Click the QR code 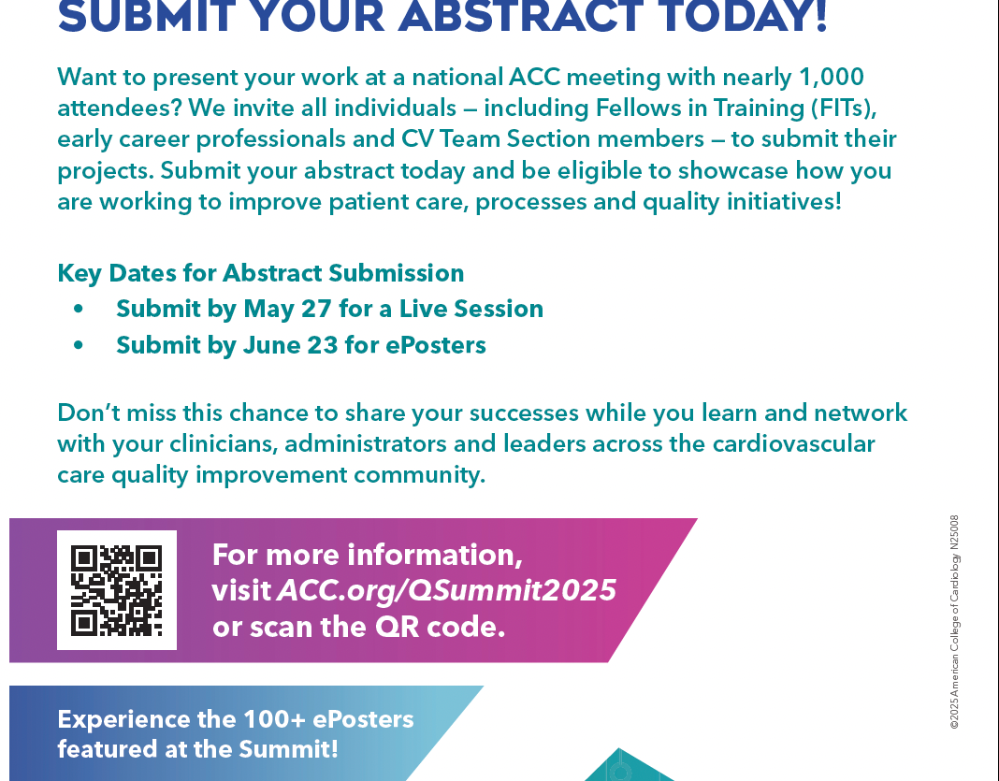(x=117, y=590)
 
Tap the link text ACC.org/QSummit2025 (x=447, y=591)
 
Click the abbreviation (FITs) (x=844, y=108)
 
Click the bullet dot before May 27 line (x=79, y=310)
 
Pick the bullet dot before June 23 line (x=79, y=345)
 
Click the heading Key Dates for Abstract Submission (x=261, y=274)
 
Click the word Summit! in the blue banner (x=289, y=749)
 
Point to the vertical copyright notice (x=954, y=622)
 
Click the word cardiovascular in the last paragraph (x=794, y=444)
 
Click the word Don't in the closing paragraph (x=89, y=412)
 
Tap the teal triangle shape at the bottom (x=629, y=765)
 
